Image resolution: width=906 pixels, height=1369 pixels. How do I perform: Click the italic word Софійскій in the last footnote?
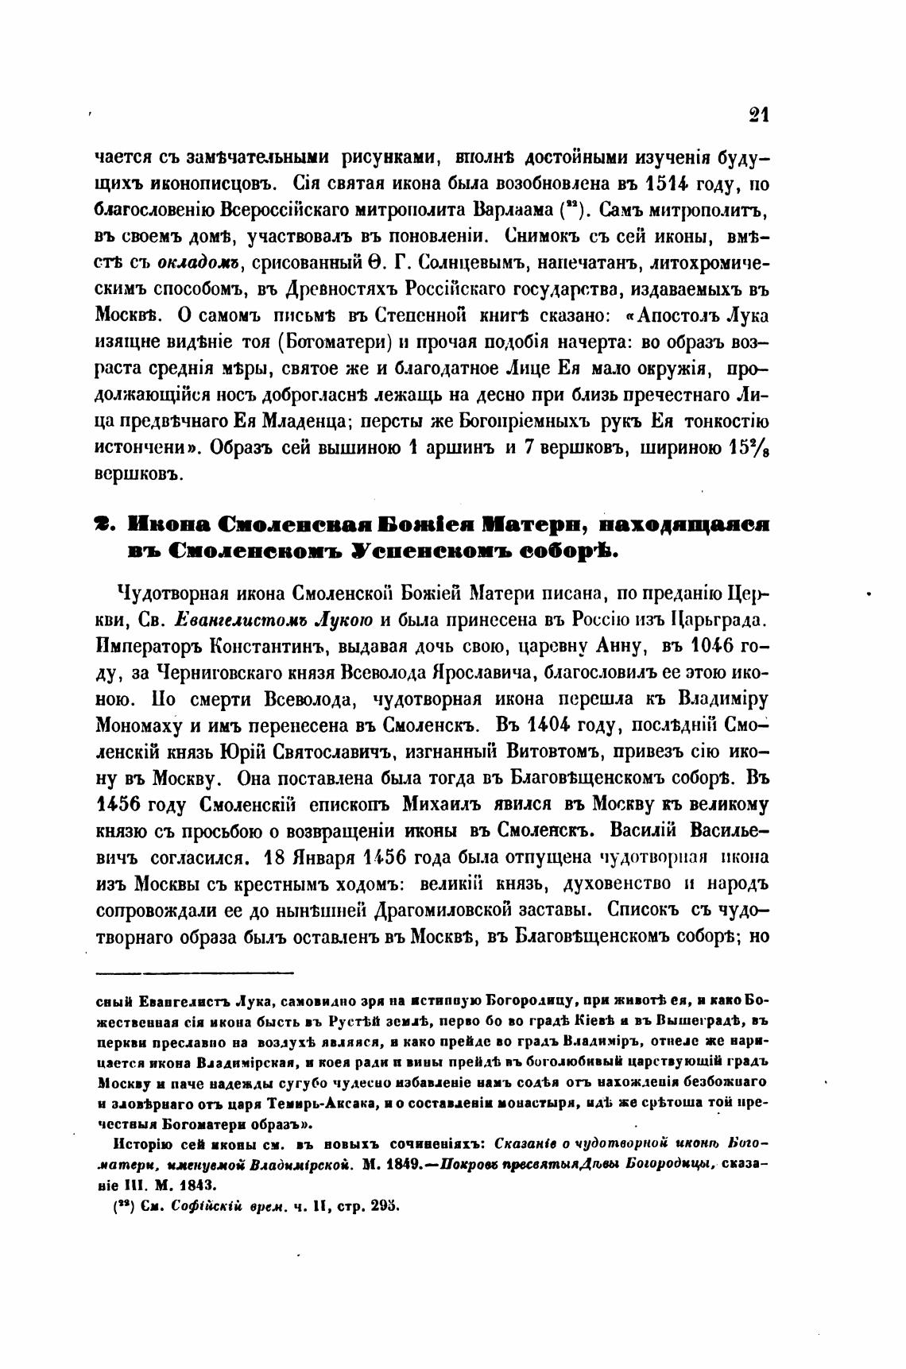[x=201, y=1205]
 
